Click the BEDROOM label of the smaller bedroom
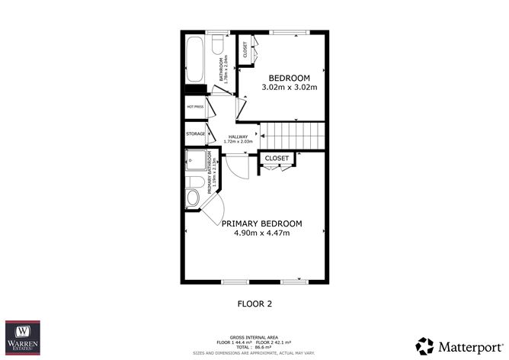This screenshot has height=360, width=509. [289, 78]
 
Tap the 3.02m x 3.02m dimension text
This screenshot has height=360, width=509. [289, 88]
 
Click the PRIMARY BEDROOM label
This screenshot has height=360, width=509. [261, 223]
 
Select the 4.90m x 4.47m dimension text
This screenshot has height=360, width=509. [261, 233]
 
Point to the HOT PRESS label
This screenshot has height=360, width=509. [195, 107]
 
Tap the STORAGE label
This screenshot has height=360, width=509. [195, 133]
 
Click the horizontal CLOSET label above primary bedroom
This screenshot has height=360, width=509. [277, 159]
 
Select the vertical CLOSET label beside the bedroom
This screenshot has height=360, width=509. [245, 50]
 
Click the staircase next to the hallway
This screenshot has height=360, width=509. [293, 135]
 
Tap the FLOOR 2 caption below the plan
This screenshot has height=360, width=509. [255, 303]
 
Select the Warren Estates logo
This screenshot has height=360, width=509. [23, 338]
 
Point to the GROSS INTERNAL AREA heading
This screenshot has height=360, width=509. [254, 336]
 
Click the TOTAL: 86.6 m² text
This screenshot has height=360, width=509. [254, 347]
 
